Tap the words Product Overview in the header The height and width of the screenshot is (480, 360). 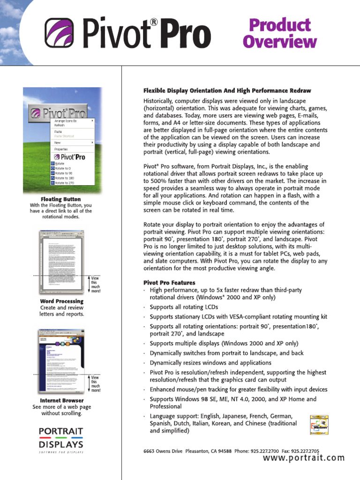tap(279, 33)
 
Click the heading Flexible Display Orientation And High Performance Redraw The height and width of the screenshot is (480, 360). tap(227, 90)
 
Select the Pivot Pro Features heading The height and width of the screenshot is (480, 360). tap(169, 283)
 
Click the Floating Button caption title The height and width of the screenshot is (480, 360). tap(61, 199)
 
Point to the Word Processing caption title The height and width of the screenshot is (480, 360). tap(61, 301)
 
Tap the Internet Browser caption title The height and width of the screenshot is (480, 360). tap(61, 400)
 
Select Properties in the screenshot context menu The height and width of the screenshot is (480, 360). tap(61, 149)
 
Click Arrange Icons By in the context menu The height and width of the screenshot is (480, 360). tap(65, 121)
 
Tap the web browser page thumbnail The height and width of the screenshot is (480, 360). tap(61, 361)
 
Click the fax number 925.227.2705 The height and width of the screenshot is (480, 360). tap(308, 451)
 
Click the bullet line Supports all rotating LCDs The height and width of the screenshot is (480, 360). tap(184, 307)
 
